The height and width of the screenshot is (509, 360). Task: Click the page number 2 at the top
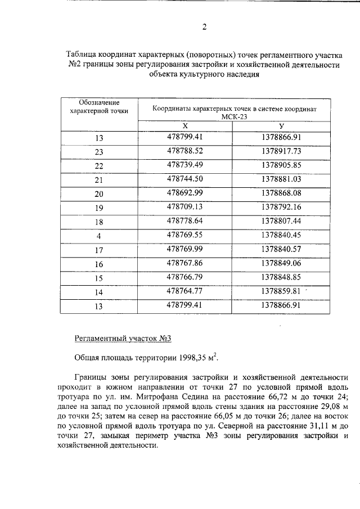pos(205,26)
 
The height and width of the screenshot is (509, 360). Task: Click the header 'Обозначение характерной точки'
pos(99,107)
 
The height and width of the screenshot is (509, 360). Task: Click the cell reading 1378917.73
pos(282,151)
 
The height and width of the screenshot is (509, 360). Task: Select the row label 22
pos(100,166)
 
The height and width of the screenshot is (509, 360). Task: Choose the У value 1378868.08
pos(282,193)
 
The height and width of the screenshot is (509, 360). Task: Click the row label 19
pos(100,208)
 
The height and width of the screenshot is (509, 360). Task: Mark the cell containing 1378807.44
pos(282,221)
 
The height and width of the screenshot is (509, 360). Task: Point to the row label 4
pos(100,236)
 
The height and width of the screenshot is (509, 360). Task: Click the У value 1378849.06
pos(282,263)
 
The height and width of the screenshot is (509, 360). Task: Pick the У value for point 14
pos(282,291)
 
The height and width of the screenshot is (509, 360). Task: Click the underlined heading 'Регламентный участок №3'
pos(122,338)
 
